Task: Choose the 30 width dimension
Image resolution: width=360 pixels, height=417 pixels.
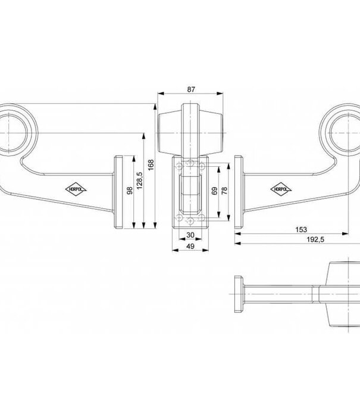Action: pyautogui.click(x=190, y=235)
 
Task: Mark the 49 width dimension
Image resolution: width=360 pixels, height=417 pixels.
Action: pyautogui.click(x=190, y=245)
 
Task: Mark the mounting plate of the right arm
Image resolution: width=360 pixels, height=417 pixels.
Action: pyautogui.click(x=239, y=192)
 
